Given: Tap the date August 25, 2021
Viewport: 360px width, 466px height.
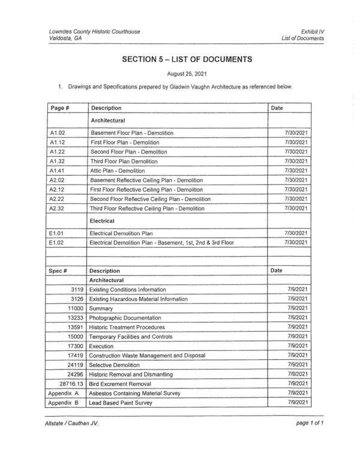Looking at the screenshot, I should (x=187, y=75).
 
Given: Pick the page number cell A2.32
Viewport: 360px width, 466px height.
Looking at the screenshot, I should (x=58, y=208).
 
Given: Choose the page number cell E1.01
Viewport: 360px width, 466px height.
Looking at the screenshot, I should (x=58, y=233).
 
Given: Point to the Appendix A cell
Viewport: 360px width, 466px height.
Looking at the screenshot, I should (x=65, y=393).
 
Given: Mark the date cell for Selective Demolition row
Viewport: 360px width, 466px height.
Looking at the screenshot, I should (x=298, y=365).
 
